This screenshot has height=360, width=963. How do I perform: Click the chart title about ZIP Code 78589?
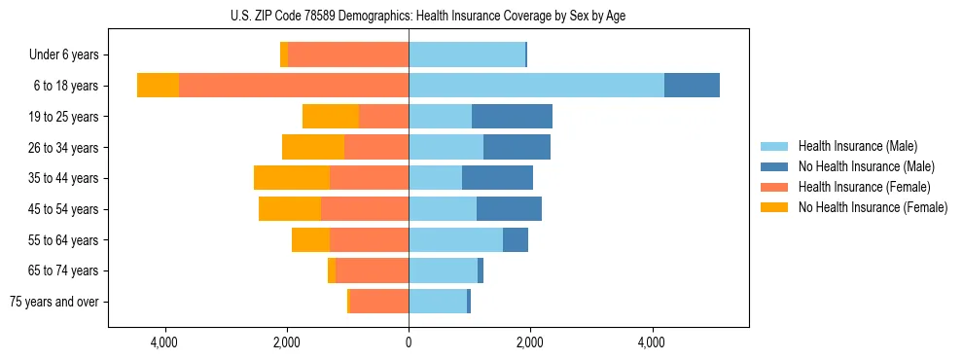tap(428, 17)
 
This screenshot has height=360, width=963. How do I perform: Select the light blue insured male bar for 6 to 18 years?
tap(536, 86)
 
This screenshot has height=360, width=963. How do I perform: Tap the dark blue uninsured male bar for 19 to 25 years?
tap(512, 117)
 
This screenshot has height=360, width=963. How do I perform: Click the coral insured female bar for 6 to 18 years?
tap(294, 86)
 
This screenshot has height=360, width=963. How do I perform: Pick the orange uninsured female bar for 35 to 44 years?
tap(292, 178)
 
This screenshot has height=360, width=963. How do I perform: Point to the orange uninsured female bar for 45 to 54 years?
tap(290, 209)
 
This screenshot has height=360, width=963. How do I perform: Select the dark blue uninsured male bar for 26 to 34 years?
tap(517, 148)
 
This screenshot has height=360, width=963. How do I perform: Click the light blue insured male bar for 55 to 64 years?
tap(455, 239)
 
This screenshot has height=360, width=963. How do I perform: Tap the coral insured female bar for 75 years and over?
tap(379, 302)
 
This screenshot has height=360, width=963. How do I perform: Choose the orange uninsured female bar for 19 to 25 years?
tap(331, 117)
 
